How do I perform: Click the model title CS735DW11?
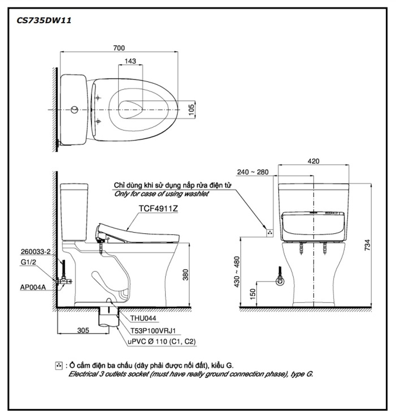[44, 20]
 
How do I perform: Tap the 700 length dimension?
[119, 48]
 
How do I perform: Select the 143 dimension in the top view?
[130, 61]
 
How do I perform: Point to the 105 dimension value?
[191, 109]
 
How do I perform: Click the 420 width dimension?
[313, 161]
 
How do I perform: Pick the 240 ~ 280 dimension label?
[253, 172]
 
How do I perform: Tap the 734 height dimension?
[368, 245]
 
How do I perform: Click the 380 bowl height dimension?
[185, 275]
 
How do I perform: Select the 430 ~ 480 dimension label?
[237, 272]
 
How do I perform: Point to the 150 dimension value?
[253, 294]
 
